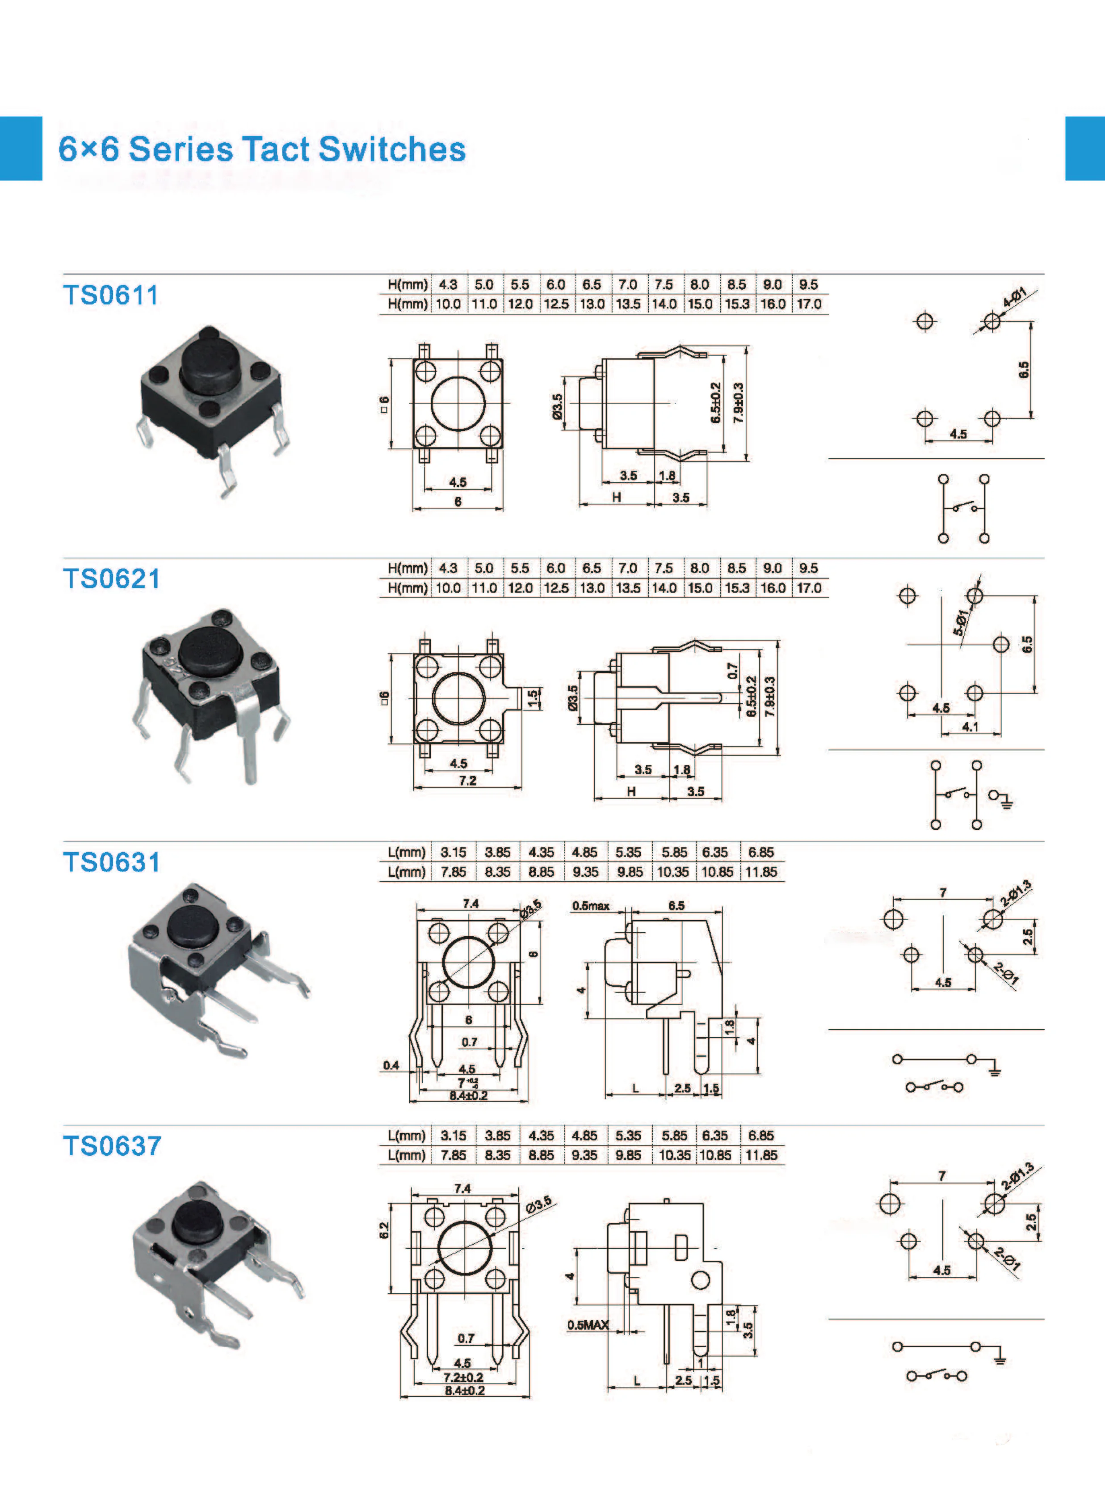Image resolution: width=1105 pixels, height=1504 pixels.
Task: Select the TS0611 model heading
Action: coord(111,295)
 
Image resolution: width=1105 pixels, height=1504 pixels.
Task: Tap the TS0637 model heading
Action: coord(112,1145)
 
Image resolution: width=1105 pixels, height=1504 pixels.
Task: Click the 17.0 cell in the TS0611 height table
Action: coord(809,304)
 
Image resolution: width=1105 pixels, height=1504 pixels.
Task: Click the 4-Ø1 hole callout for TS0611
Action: coord(1015,296)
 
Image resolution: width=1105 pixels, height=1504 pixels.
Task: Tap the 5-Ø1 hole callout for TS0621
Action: coord(961,622)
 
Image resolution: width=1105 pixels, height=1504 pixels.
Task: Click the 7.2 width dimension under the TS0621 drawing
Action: coord(467,781)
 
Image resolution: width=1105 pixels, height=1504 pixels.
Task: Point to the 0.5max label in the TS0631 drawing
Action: coord(591,906)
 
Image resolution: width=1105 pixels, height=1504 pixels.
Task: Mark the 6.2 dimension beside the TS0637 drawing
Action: coord(384,1230)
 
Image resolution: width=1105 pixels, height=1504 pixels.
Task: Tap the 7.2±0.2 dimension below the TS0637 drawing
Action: coord(463,1377)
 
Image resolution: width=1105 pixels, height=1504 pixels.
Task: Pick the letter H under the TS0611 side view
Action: coord(616,497)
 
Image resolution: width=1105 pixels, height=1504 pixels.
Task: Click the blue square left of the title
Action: coord(21,148)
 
